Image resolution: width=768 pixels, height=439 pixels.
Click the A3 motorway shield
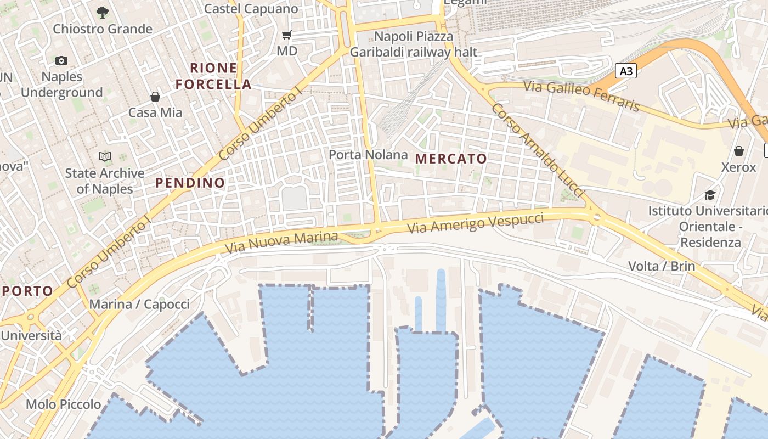click(625, 71)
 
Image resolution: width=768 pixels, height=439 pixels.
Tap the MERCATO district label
click(451, 159)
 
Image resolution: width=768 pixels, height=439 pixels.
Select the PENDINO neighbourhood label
click(190, 183)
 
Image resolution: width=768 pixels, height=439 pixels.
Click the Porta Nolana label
click(368, 155)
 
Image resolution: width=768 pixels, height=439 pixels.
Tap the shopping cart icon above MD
click(286, 36)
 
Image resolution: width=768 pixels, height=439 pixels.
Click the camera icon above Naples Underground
click(61, 60)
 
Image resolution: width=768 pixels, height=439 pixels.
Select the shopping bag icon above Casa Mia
click(155, 97)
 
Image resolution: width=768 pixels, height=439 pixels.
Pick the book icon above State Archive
click(105, 157)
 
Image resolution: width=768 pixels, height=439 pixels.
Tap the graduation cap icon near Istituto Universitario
click(710, 195)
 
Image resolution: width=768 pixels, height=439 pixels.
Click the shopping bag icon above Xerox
click(739, 151)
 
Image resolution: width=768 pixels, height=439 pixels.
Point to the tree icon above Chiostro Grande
click(102, 12)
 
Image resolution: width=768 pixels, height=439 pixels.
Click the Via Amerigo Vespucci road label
click(475, 222)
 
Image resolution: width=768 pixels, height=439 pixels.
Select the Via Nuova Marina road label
click(281, 243)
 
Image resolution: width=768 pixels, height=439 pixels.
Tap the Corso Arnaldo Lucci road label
click(537, 150)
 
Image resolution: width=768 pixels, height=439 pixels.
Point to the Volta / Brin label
click(661, 267)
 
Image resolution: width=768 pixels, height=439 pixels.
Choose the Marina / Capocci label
click(139, 305)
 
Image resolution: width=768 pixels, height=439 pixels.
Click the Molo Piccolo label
click(64, 405)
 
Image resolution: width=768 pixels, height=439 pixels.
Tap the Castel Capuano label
click(251, 9)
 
